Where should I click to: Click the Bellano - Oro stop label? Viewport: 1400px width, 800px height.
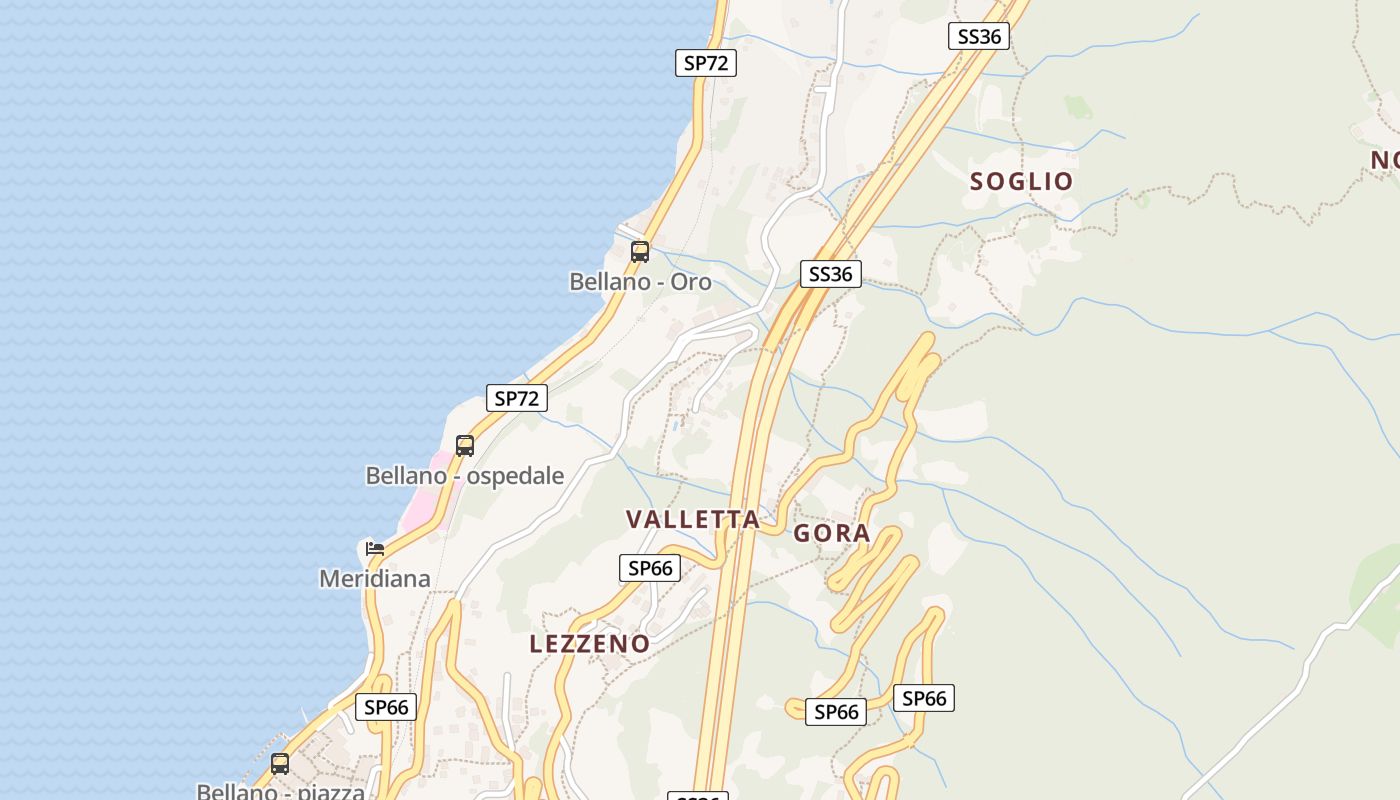(640, 282)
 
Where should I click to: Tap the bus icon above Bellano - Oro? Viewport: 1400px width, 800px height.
(640, 252)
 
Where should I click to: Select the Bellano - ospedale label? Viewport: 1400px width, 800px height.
(465, 476)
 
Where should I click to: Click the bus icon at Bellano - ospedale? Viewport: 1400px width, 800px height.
(465, 446)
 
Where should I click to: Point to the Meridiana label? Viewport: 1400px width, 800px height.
(375, 578)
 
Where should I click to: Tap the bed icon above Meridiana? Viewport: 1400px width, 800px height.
(375, 548)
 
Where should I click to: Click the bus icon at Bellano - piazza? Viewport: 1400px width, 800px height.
(280, 764)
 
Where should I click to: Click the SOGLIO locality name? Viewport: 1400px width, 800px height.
(1021, 181)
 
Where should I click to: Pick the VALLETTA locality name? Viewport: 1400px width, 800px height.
(693, 519)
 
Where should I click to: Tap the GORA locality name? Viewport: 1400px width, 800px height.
(832, 534)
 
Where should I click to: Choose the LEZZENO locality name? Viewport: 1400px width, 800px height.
(590, 644)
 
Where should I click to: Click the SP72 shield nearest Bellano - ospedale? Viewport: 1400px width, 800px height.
(517, 398)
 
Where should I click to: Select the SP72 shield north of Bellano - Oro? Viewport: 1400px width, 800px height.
(706, 63)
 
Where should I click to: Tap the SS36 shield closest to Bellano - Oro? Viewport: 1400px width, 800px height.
(831, 274)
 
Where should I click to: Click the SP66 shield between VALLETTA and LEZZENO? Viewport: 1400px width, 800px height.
(650, 568)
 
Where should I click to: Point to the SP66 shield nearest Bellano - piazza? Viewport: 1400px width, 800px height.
(386, 707)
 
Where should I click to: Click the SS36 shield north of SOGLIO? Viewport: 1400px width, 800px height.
(979, 37)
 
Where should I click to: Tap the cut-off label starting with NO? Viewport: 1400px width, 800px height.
(1385, 160)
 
